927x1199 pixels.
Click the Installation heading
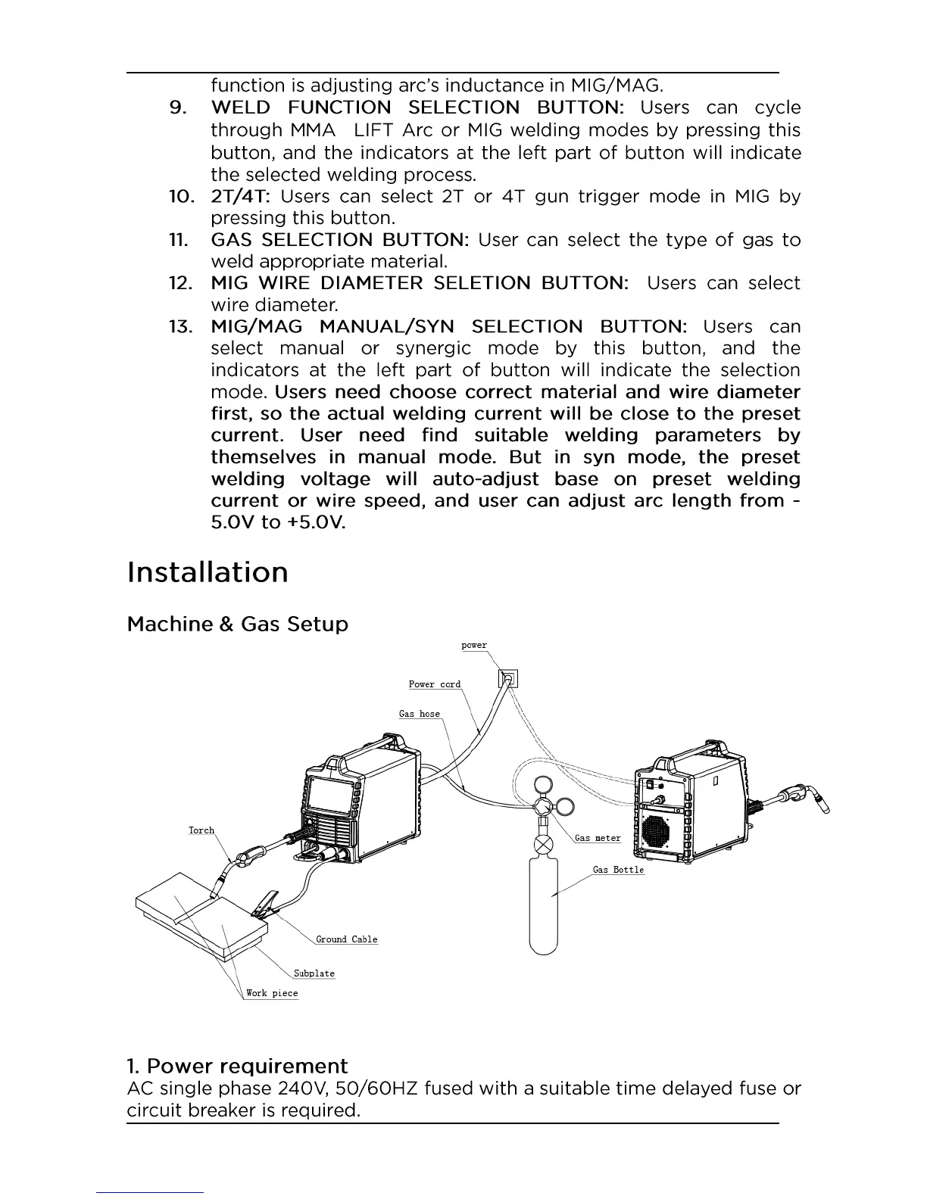pos(208,572)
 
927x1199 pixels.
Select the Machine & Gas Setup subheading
pos(237,624)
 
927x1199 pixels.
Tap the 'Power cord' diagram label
pos(435,684)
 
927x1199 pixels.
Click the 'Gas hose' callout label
pos(420,714)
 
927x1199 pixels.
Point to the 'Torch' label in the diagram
pos(201,830)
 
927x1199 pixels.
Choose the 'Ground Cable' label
pos(346,939)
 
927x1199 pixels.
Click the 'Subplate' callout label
pos(314,973)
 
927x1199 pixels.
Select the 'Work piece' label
pos(272,993)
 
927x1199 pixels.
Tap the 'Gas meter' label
pos(598,838)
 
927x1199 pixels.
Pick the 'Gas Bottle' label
pos(618,870)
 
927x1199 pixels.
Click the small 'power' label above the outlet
pos(474,646)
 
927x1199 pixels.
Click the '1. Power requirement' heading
pos(237,1067)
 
